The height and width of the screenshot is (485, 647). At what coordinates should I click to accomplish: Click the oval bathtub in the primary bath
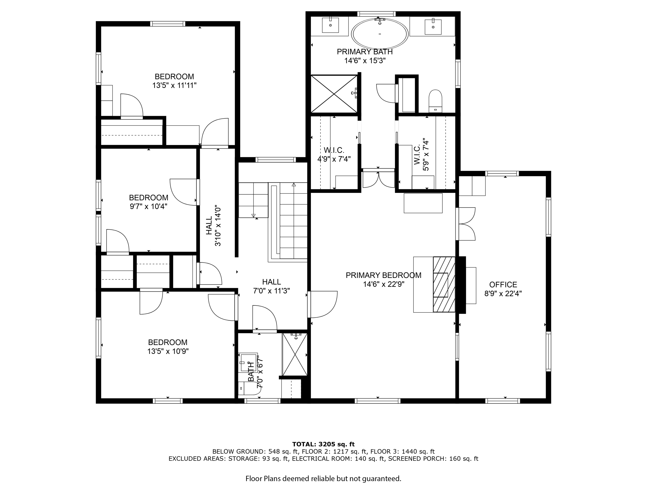(380, 34)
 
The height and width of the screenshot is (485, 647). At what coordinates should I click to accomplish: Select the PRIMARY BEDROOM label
(384, 275)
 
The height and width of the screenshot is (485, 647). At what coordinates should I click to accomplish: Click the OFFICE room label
(503, 284)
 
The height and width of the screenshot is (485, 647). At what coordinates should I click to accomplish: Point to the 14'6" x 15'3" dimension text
(365, 61)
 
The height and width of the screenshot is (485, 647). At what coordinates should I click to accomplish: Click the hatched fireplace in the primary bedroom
(444, 284)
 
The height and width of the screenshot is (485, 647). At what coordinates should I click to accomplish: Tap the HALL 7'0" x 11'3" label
(271, 286)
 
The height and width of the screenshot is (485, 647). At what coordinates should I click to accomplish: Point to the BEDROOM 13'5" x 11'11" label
(174, 81)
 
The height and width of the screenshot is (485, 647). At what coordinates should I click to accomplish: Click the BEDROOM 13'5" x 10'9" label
(168, 347)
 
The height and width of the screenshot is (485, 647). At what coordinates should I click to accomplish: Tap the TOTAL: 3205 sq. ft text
(323, 445)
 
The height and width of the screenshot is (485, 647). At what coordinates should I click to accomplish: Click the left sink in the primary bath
(330, 25)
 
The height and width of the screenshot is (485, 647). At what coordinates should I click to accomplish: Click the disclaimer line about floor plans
(323, 478)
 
